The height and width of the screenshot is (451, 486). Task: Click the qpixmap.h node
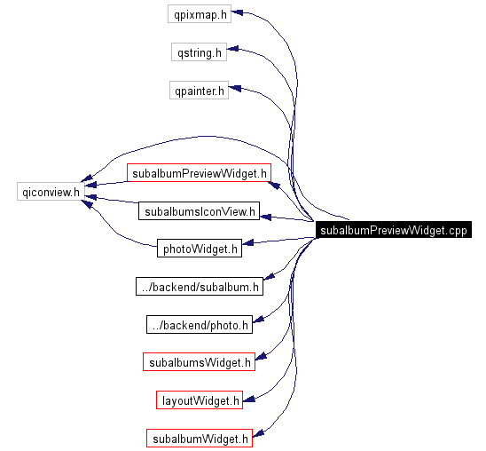200,14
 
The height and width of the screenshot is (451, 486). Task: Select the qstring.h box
199,52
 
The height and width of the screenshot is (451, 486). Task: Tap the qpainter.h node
200,90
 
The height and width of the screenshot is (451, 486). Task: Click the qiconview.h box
51,191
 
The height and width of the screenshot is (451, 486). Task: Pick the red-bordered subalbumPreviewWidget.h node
198,173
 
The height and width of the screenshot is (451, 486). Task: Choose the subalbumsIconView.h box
199,211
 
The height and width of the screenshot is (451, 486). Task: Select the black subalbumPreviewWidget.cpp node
393,230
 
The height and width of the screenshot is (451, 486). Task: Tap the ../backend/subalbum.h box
200,287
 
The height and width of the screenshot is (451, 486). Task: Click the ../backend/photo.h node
200,325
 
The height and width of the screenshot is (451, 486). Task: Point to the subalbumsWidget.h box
199,362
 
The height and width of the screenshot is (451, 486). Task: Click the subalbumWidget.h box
199,438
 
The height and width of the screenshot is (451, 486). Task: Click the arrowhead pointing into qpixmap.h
238,14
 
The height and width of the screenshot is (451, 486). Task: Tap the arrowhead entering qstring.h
233,52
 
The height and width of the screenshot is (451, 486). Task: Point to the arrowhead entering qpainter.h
235,90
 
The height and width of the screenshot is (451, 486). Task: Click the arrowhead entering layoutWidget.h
249,400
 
